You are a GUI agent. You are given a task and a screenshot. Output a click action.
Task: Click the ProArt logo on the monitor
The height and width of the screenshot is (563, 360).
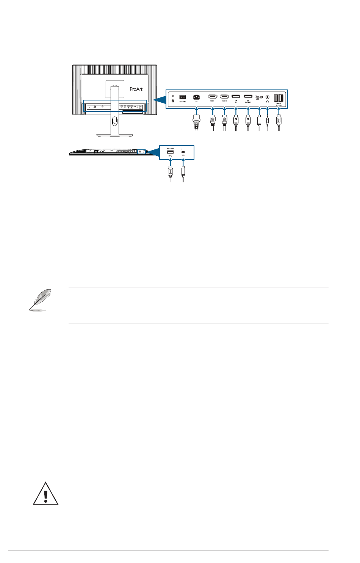pyautogui.click(x=136, y=89)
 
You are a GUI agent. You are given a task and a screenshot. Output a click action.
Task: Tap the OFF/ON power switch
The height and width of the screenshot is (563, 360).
pyautogui.click(x=182, y=97)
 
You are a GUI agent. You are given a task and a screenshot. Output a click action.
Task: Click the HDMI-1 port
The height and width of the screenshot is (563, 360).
pyautogui.click(x=213, y=96)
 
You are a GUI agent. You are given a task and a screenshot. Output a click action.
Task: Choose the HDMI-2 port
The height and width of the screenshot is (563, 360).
pyautogui.click(x=224, y=96)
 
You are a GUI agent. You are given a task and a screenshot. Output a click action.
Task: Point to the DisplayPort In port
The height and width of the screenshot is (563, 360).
pyautogui.click(x=236, y=96)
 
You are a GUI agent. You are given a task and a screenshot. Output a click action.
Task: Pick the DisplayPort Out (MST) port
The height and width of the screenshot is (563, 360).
pyautogui.click(x=248, y=96)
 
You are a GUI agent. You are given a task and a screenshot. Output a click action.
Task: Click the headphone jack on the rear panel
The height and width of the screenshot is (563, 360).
pyautogui.click(x=268, y=97)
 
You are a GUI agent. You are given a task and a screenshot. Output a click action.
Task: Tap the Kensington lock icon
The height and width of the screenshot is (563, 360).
pyautogui.click(x=173, y=101)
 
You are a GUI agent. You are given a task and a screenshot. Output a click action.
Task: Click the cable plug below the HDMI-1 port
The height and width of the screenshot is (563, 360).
pyautogui.click(x=213, y=121)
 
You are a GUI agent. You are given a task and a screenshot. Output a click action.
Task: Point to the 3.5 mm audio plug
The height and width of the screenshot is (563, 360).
pyautogui.click(x=268, y=122)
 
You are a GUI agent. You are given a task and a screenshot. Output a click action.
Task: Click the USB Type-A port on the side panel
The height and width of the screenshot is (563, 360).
pyautogui.click(x=171, y=152)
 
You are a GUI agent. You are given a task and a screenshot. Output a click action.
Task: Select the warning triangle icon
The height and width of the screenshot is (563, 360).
pyautogui.click(x=45, y=494)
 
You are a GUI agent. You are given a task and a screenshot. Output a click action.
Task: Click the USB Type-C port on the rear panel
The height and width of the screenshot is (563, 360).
pyautogui.click(x=258, y=97)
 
